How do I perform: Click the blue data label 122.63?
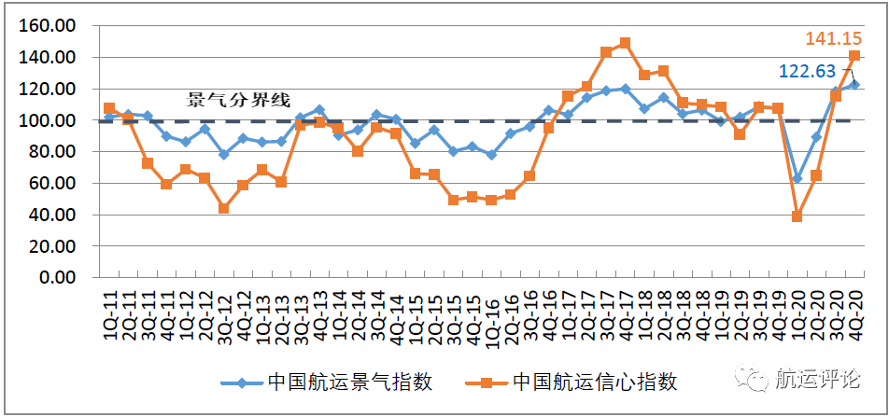click(809, 71)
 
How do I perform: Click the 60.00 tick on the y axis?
click(52, 183)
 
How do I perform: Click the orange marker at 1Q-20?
click(797, 216)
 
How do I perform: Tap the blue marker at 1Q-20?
click(797, 178)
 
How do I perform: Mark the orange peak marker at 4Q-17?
click(625, 43)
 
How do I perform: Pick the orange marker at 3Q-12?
click(224, 208)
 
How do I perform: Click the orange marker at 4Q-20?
click(854, 56)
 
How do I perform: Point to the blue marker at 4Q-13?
click(319, 110)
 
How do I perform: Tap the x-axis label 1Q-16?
click(491, 315)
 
